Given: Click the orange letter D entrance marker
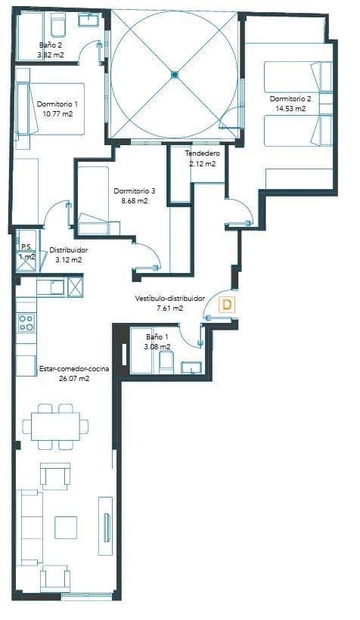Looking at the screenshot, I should click(225, 305).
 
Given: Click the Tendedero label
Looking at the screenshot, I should click(203, 153).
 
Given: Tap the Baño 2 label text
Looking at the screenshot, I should click(51, 45).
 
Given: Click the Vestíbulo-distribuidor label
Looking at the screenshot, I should click(170, 299).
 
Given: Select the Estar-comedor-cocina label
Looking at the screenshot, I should click(74, 368).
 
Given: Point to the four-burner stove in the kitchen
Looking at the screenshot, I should click(26, 323).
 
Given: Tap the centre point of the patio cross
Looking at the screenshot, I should click(175, 74).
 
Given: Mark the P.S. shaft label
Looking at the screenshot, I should click(25, 247).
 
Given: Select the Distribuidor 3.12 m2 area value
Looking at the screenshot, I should click(69, 259).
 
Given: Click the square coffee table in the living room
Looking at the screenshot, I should click(66, 526).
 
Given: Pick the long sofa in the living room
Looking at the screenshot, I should click(29, 526).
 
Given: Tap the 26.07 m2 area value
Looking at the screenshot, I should click(74, 379).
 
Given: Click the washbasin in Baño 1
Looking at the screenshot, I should click(191, 368).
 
